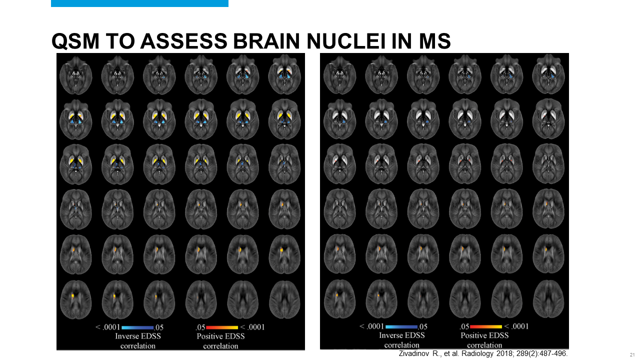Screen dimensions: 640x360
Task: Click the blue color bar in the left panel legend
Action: pyautogui.click(x=136, y=327)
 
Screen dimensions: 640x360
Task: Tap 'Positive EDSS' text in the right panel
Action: pyautogui.click(x=484, y=335)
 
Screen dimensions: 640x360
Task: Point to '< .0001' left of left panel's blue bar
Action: pyautogui.click(x=106, y=327)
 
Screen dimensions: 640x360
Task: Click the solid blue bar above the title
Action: pyautogui.click(x=139, y=3)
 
